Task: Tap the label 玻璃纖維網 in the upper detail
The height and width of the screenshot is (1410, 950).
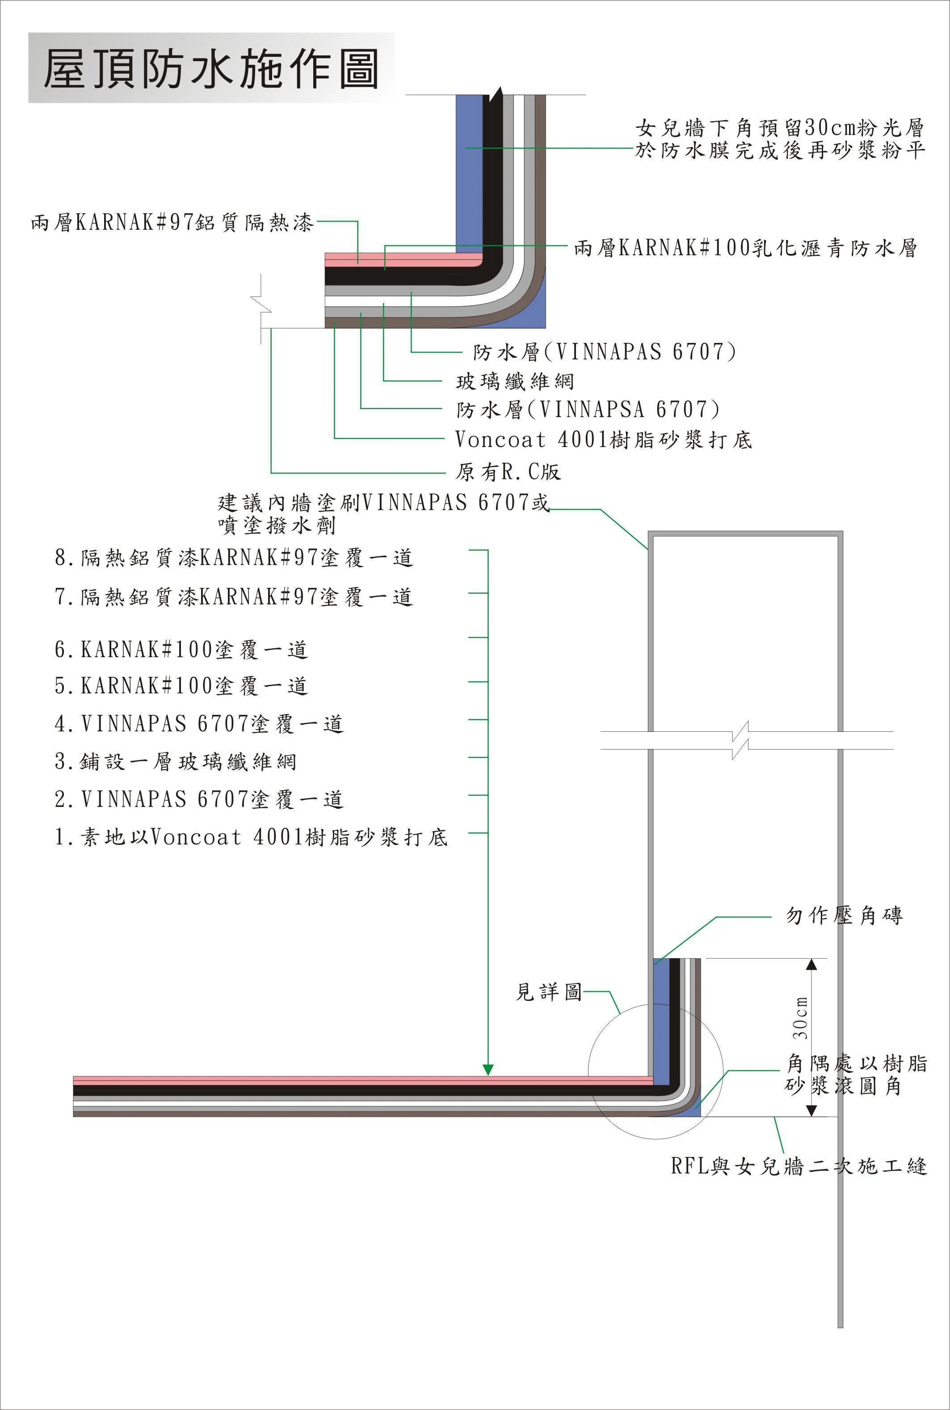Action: pos(514,381)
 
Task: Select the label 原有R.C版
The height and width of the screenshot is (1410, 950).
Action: pos(508,472)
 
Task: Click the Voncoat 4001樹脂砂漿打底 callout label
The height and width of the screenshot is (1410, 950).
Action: pos(603,439)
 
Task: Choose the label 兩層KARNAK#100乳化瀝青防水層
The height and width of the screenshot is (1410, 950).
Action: pos(745,248)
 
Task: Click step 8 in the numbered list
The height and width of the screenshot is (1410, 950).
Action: pos(234,557)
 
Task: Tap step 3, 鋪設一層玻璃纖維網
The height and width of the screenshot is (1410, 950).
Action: pos(176,761)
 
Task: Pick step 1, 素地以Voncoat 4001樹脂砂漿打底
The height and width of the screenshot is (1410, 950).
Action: pos(251,837)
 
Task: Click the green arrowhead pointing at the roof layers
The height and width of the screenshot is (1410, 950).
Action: pos(488,1069)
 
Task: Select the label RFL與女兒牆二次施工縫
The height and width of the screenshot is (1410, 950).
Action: pos(799,1165)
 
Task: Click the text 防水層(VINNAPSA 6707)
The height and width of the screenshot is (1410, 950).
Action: pos(588,410)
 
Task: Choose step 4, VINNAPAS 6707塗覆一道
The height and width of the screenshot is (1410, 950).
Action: pos(199,724)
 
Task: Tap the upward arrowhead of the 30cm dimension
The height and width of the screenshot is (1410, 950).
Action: pos(812,964)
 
